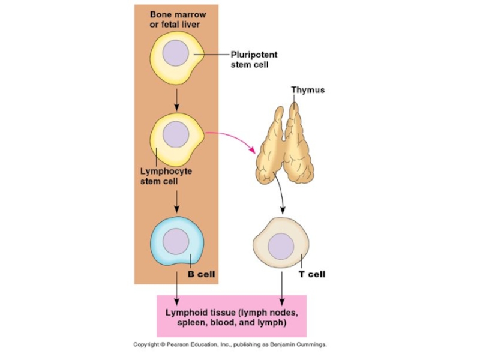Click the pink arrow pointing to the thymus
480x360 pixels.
pos(234,140)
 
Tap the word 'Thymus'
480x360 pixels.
pos(308,90)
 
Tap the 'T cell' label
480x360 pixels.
pos(311,274)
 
